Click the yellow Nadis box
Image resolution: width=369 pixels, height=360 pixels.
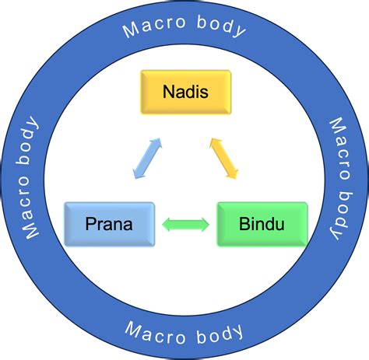(x=184, y=92)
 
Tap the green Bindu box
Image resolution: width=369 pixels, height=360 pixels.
(x=262, y=224)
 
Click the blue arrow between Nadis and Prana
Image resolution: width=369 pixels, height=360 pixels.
(x=146, y=159)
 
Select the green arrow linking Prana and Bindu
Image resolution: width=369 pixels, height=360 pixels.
(x=185, y=225)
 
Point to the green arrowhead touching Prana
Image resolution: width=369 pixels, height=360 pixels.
(x=167, y=225)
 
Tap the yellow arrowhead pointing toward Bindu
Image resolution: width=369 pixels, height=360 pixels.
(x=232, y=174)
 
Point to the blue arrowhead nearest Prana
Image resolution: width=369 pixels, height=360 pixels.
(x=136, y=175)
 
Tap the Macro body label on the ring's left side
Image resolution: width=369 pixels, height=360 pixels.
(x=30, y=178)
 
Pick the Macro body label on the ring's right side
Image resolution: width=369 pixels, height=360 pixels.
(x=340, y=178)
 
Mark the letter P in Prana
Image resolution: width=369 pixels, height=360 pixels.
(x=88, y=225)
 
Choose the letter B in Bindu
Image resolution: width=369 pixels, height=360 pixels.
(x=243, y=225)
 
